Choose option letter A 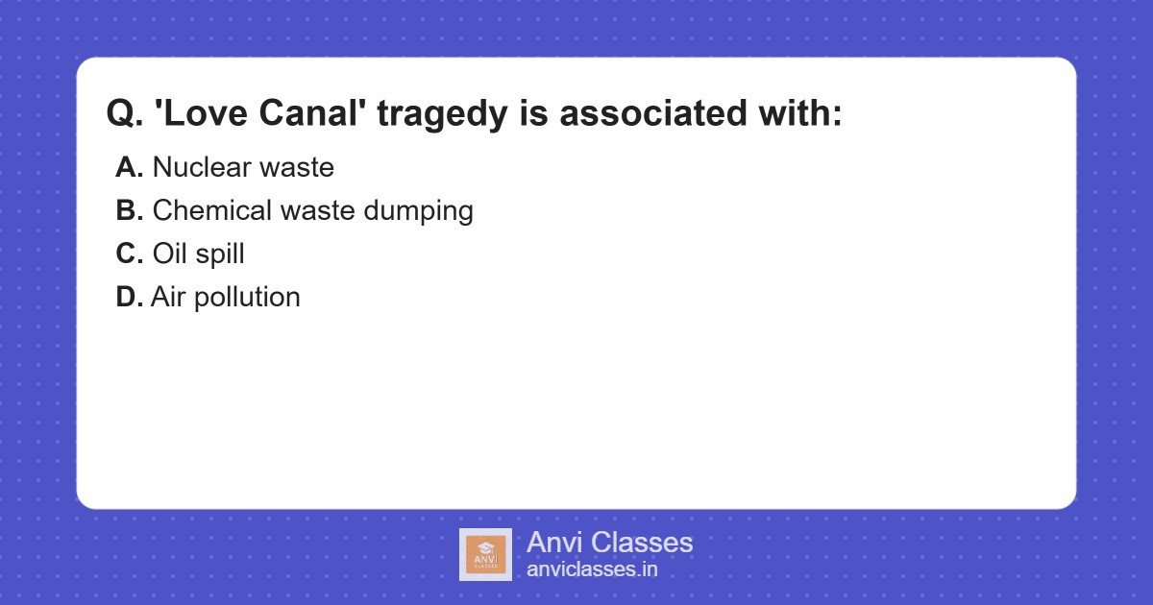(x=129, y=168)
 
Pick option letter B (x=129, y=211)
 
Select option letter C (x=129, y=254)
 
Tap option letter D (x=129, y=298)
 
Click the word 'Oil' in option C (x=167, y=254)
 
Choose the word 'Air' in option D (x=168, y=298)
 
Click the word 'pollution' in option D (x=248, y=298)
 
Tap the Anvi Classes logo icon (x=485, y=554)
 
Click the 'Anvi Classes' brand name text (x=609, y=543)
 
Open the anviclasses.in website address (x=592, y=569)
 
